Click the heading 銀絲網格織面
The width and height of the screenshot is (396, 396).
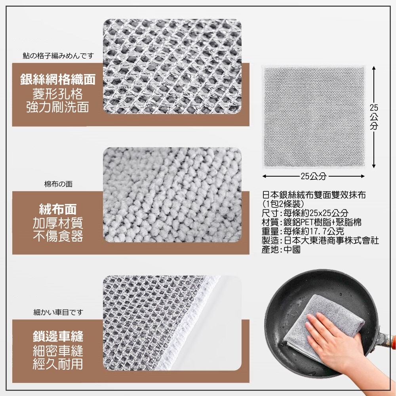pyautogui.click(x=58, y=80)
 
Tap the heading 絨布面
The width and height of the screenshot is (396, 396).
pyautogui.click(x=58, y=209)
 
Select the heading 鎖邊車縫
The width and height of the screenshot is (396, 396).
pyautogui.click(x=58, y=336)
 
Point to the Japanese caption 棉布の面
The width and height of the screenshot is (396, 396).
pyautogui.click(x=58, y=184)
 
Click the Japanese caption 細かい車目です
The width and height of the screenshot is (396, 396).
pyautogui.click(x=58, y=312)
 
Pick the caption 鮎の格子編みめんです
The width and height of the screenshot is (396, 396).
pyautogui.click(x=58, y=55)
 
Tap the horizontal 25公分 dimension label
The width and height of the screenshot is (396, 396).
pyautogui.click(x=313, y=176)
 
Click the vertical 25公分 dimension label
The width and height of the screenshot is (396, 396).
pyautogui.click(x=374, y=117)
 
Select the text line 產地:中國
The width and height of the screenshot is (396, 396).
pyautogui.click(x=281, y=249)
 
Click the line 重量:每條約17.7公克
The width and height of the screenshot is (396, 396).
pyautogui.click(x=303, y=231)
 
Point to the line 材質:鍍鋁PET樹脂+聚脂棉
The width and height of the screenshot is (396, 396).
pyautogui.click(x=311, y=222)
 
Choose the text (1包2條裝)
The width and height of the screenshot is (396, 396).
pyautogui.click(x=283, y=204)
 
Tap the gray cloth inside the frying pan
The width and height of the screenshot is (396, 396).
pyautogui.click(x=326, y=326)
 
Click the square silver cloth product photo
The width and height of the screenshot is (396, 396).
pyautogui.click(x=313, y=117)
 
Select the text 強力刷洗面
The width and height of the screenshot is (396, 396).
pyautogui.click(x=58, y=107)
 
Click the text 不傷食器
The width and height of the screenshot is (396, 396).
pyautogui.click(x=58, y=236)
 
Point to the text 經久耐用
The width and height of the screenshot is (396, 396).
pyautogui.click(x=58, y=364)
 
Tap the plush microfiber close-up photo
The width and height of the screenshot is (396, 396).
pyautogui.click(x=172, y=195)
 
